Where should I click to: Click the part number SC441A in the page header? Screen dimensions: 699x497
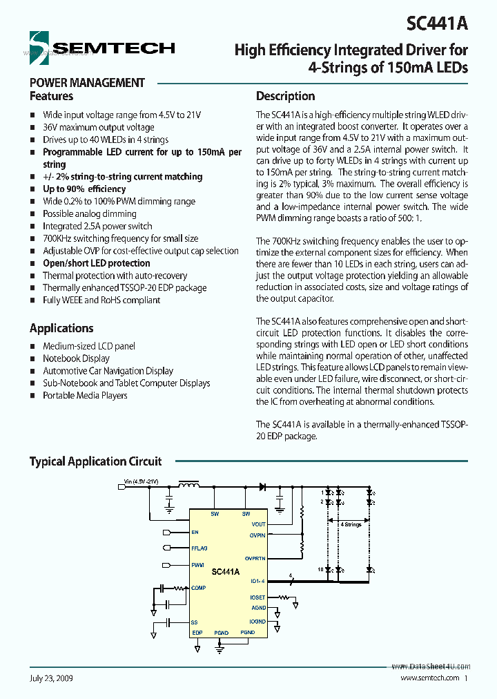(x=437, y=23)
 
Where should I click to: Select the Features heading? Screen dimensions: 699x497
(x=51, y=96)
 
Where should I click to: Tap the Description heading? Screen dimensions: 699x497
(x=285, y=96)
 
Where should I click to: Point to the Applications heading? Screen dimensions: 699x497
(x=61, y=328)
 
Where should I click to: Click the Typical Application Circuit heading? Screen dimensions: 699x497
(x=95, y=461)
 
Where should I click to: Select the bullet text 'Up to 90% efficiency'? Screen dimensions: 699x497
(x=84, y=189)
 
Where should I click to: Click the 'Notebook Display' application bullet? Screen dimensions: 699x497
(x=76, y=358)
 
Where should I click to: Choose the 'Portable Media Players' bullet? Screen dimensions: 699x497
(x=85, y=396)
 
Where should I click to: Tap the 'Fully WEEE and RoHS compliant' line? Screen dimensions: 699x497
(x=101, y=300)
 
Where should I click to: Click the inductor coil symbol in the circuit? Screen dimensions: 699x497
(x=188, y=486)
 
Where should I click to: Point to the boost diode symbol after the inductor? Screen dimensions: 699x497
(x=262, y=487)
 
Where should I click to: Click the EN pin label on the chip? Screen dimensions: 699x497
(x=195, y=533)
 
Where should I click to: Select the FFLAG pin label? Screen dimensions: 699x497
(x=199, y=548)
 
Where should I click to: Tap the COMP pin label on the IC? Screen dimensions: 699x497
(x=199, y=588)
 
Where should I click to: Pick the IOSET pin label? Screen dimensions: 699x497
(x=257, y=597)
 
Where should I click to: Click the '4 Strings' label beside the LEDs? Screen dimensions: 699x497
(x=351, y=525)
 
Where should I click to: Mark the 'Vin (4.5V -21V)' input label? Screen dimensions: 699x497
(x=141, y=481)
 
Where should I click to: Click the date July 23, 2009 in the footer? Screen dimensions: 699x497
(x=51, y=678)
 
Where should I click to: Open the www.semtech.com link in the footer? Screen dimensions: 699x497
(x=430, y=678)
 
